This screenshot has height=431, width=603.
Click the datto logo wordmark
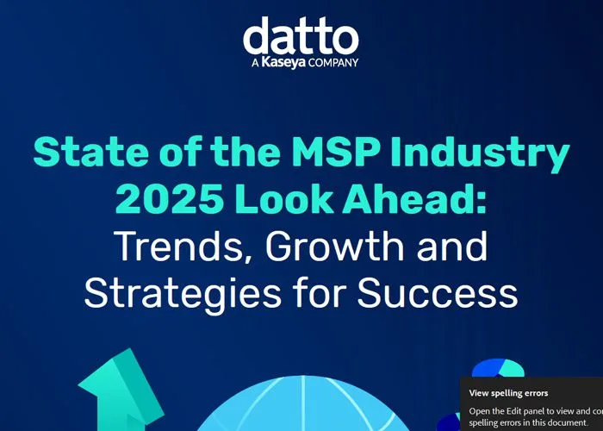pos(301,35)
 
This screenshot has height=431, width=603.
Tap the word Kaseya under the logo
pos(283,62)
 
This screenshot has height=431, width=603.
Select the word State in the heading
pos(90,152)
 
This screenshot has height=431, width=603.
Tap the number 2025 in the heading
pos(170,199)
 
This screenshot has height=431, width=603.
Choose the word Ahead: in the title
pos(414,198)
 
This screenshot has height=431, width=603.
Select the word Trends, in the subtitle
pos(183,247)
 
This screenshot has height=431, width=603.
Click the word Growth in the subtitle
pos(334,247)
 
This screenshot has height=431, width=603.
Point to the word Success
pos(438,292)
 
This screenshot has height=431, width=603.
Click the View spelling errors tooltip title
pos(508,393)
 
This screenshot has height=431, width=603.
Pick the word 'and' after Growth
pos(452,247)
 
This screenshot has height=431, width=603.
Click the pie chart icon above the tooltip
pos(498,369)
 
